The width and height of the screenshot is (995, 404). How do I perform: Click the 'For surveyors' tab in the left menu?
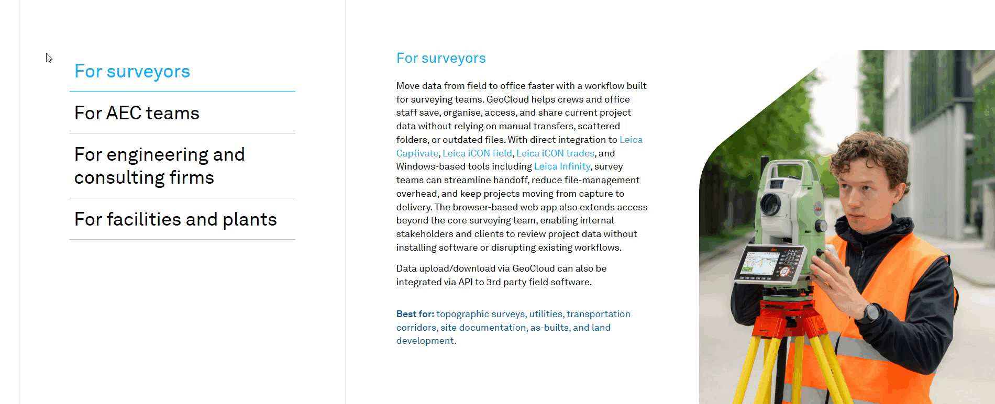[x=132, y=72]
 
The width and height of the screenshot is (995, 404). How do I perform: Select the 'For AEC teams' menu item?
[x=137, y=113]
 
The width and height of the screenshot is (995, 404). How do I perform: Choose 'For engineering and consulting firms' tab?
[x=159, y=165]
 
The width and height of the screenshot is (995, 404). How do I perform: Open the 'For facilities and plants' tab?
[x=175, y=219]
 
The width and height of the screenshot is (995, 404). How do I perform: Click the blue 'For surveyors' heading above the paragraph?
[x=441, y=58]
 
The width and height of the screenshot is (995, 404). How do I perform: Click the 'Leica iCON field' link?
[x=477, y=153]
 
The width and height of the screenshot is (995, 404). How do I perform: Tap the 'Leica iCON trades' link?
[x=555, y=153]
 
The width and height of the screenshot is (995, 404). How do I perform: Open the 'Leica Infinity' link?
[x=562, y=166]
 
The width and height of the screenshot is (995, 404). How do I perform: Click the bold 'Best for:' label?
[x=415, y=314]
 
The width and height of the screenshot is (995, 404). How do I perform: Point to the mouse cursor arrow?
[x=48, y=58]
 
